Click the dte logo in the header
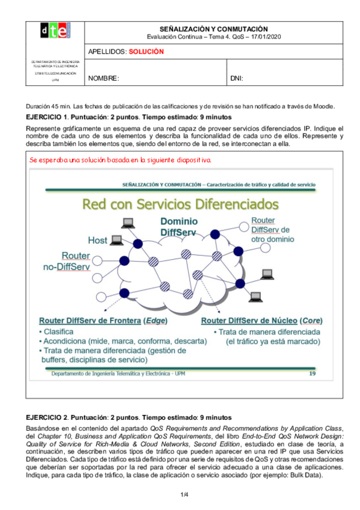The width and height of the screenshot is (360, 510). click(x=55, y=31)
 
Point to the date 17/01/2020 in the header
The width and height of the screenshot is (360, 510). click(x=265, y=37)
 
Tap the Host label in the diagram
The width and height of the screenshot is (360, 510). click(x=97, y=240)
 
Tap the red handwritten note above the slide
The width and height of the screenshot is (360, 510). click(x=120, y=160)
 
